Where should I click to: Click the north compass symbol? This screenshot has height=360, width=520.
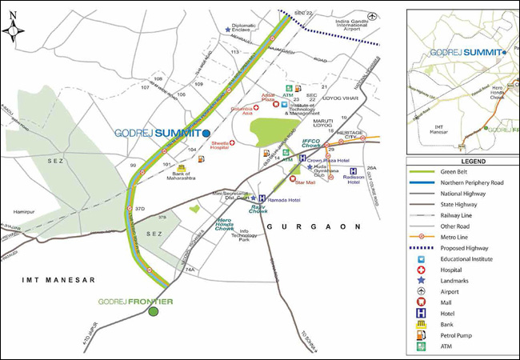(x=15, y=30)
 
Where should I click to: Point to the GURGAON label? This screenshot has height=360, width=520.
(x=310, y=228)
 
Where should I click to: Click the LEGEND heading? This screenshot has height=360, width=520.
(x=462, y=161)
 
